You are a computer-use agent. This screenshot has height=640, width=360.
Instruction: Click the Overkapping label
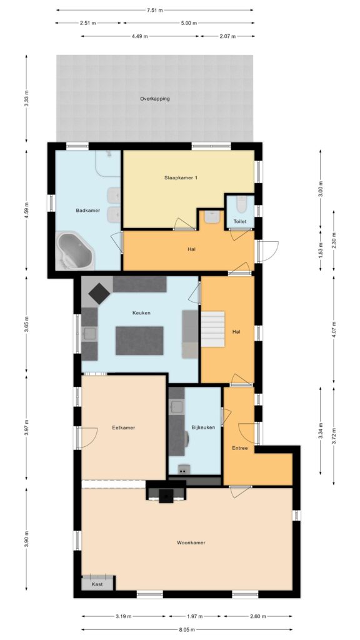click(x=154, y=99)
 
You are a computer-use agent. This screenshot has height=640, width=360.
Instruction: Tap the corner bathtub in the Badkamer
click(x=75, y=251)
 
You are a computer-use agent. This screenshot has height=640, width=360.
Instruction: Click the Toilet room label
click(x=240, y=221)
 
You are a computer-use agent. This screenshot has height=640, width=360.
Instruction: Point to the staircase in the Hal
click(x=212, y=331)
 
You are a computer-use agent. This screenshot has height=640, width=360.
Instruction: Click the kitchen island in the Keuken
click(x=139, y=341)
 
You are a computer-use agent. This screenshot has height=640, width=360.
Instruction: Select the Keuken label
click(x=141, y=313)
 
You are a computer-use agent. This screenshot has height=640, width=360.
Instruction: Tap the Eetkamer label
click(x=124, y=427)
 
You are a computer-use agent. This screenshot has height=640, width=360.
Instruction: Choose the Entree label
click(x=240, y=448)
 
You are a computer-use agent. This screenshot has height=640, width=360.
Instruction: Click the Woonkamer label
click(x=191, y=542)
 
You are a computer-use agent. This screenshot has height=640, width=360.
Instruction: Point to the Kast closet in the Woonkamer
click(x=97, y=582)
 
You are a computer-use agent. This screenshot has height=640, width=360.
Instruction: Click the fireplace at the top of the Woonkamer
click(x=166, y=495)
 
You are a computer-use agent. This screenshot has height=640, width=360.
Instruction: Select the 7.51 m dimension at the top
click(x=155, y=11)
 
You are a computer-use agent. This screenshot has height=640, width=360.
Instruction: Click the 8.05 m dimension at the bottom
click(x=187, y=629)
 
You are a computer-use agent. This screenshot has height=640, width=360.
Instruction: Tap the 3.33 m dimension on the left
click(x=26, y=99)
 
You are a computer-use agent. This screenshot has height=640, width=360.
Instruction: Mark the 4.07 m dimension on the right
click(x=334, y=329)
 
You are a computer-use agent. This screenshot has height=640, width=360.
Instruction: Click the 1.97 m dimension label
click(x=194, y=617)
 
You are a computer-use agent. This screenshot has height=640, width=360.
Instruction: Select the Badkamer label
click(x=87, y=211)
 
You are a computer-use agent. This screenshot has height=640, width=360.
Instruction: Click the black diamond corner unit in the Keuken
click(x=98, y=291)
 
